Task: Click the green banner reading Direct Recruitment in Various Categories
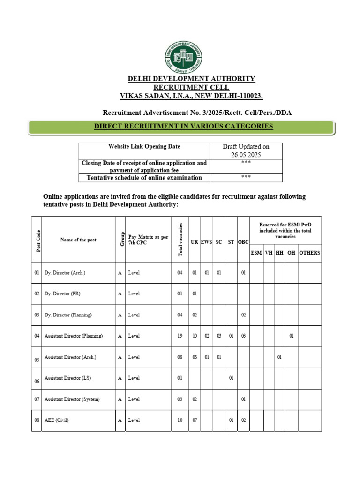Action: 183,127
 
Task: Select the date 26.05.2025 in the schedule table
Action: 246,155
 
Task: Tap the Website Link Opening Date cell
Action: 144,147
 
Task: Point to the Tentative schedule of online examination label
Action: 144,178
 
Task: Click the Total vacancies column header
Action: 180,240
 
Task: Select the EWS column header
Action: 207,242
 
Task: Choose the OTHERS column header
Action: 309,253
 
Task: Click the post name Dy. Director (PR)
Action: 62,294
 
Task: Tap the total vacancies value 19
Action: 180,336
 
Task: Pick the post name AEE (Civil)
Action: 56,420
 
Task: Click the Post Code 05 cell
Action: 37,360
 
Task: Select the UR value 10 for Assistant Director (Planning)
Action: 195,336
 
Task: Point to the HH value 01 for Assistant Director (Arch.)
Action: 279,357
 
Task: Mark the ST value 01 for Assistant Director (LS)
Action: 231,378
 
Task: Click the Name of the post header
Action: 78,240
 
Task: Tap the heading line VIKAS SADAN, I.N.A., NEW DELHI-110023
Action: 192,96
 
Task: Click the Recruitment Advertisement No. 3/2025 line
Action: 200,112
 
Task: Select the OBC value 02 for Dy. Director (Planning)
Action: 243,315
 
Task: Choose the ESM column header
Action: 256,253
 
